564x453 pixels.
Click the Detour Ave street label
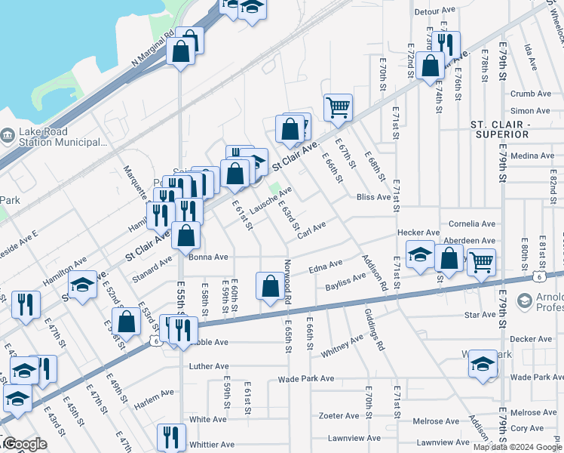point(437,11)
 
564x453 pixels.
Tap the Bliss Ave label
point(374,197)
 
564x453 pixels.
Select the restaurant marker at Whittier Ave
point(171,436)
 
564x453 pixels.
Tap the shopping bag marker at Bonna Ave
point(186,235)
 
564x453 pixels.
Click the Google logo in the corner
point(24,444)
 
